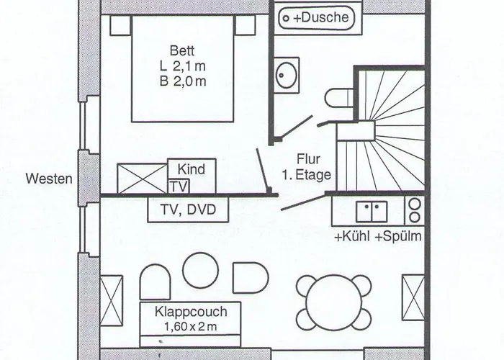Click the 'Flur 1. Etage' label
pos(312,167)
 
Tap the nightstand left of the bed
pos(120,26)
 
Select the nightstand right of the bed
pos(246,26)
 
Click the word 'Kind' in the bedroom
pos(191,169)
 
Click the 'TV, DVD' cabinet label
pos(188,210)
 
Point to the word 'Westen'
pos(48,178)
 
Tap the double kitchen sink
pos(372,210)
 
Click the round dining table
pos(334,302)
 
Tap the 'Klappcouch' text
pos(191,312)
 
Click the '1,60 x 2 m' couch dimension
pos(191,327)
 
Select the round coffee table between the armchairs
pos(200,270)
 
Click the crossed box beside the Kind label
pos(142,179)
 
